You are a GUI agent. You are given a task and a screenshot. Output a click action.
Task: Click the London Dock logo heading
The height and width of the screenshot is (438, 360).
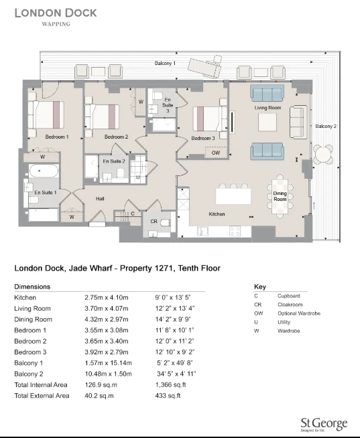pos(56,13)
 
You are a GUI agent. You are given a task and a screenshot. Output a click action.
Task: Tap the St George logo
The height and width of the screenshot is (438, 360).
pos(324,423)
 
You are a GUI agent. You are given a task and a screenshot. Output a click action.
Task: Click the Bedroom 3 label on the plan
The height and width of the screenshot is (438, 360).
pos(203,138)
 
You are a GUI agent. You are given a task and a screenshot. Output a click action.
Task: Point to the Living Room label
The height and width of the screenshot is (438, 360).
pos(267,107)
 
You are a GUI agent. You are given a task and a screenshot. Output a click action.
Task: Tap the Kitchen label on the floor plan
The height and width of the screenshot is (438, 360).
pos(217,214)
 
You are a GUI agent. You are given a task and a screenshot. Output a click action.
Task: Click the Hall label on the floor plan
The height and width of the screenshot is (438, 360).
pos(100,199)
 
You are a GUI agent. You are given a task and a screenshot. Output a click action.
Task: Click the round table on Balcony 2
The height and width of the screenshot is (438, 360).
pos(324,154)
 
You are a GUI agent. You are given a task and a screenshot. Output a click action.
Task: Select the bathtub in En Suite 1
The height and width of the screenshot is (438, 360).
pos(46,171)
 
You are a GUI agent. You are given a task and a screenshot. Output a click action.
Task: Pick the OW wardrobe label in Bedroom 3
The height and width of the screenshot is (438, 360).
pos(215,153)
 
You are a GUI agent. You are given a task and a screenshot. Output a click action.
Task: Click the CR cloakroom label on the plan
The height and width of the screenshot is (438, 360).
pos(154,221)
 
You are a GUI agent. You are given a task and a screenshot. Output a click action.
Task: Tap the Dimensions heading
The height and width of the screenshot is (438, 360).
pos(32,286)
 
